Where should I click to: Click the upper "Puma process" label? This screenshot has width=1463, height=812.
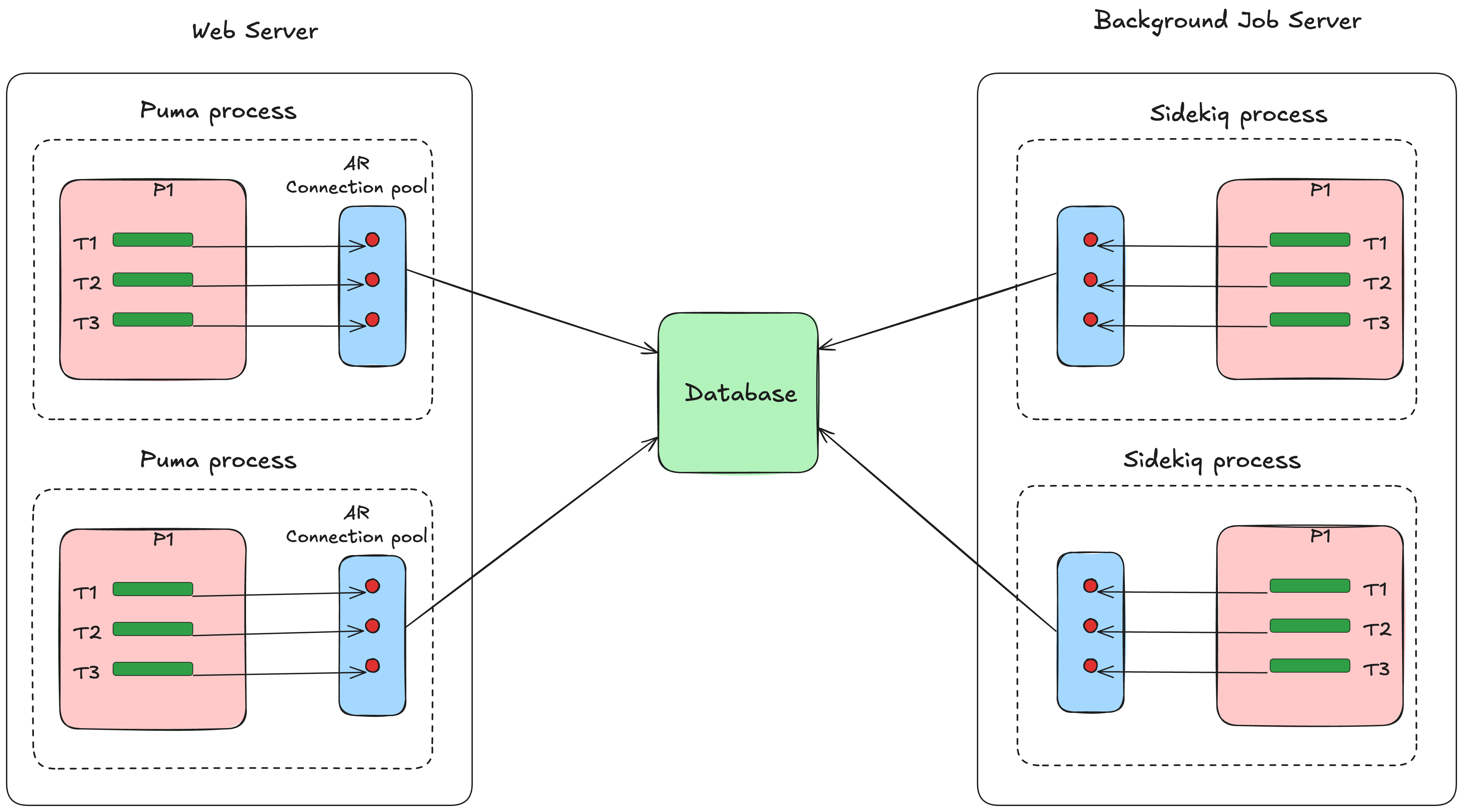[x=218, y=111]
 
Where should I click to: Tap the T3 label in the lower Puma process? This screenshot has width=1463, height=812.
[x=86, y=673]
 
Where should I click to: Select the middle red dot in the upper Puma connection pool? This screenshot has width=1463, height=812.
[x=372, y=280]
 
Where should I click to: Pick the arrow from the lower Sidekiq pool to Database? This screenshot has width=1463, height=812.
[x=937, y=529]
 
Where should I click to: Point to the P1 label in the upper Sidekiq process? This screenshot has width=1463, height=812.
[x=1320, y=190]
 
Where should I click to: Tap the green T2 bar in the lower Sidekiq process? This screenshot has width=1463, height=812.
[x=1309, y=626]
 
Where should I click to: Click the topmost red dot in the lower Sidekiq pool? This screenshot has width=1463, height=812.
[x=1090, y=586]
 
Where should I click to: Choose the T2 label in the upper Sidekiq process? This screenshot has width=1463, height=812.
[x=1377, y=283]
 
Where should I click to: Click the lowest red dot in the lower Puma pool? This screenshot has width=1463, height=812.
[x=372, y=665]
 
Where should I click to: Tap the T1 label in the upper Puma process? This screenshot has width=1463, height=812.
[x=85, y=244]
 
